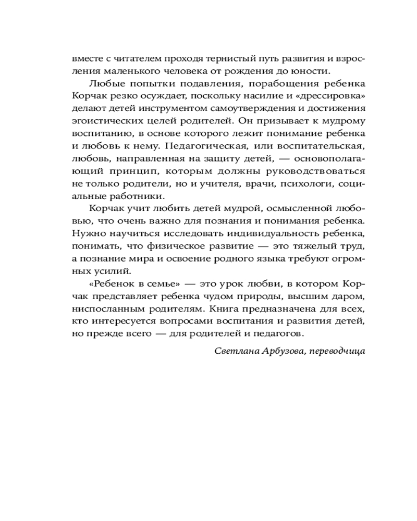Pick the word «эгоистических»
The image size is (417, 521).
click(x=98, y=121)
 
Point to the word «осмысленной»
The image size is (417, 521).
click(x=299, y=209)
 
